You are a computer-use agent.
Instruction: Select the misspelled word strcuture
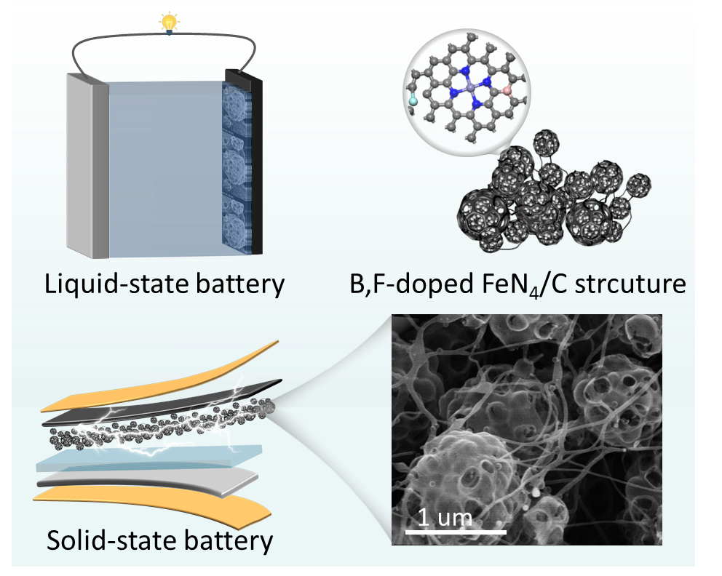[639, 284]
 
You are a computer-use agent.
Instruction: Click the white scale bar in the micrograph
[455, 532]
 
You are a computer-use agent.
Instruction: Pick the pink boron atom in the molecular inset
[506, 92]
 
